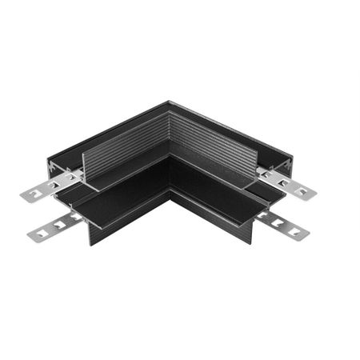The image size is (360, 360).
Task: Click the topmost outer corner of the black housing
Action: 169,102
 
